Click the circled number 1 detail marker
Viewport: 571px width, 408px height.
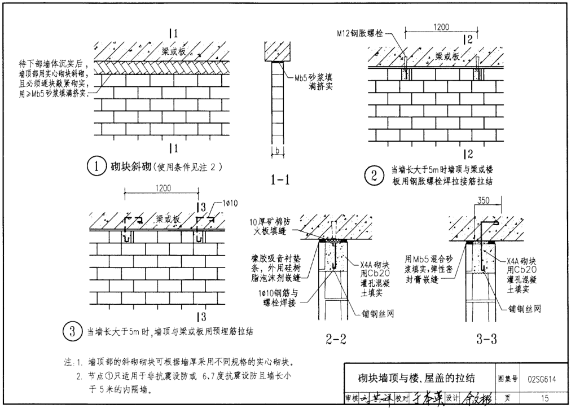click(x=97, y=166)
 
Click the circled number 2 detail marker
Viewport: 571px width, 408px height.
click(x=373, y=177)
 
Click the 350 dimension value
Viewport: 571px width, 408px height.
click(x=482, y=200)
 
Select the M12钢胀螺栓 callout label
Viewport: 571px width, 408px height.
click(x=355, y=33)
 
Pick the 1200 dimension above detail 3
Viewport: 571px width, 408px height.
click(x=159, y=188)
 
